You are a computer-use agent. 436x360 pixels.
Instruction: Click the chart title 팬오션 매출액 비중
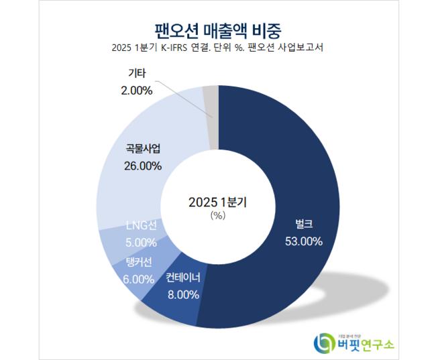click(217, 30)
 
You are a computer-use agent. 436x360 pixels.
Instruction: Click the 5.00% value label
click(141, 242)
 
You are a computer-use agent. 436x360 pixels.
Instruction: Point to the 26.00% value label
click(143, 166)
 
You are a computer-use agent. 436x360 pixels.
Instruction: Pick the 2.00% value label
click(138, 89)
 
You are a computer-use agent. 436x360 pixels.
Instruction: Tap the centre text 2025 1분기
click(217, 201)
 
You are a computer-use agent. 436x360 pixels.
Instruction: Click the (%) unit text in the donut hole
click(217, 216)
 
